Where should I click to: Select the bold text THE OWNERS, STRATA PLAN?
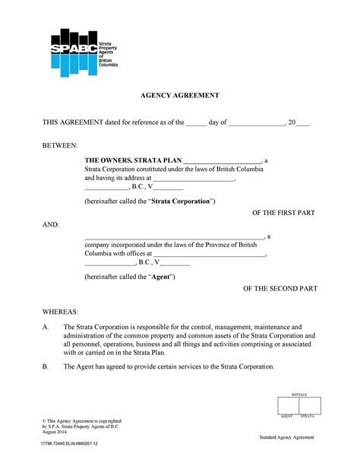(133, 160)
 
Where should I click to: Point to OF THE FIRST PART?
(284, 214)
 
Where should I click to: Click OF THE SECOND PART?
(279, 289)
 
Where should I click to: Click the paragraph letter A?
(46, 326)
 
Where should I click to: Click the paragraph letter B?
(46, 366)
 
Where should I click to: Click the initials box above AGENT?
(288, 405)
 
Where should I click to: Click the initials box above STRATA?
(309, 405)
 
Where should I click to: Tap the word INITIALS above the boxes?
(298, 394)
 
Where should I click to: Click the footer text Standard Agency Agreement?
(286, 438)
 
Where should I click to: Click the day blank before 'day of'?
(196, 122)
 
